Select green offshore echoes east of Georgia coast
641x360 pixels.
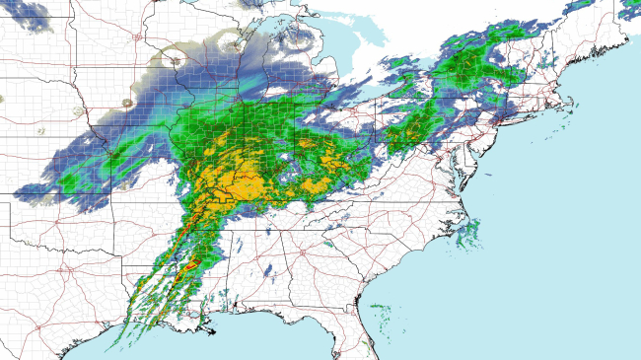point(380,314)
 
